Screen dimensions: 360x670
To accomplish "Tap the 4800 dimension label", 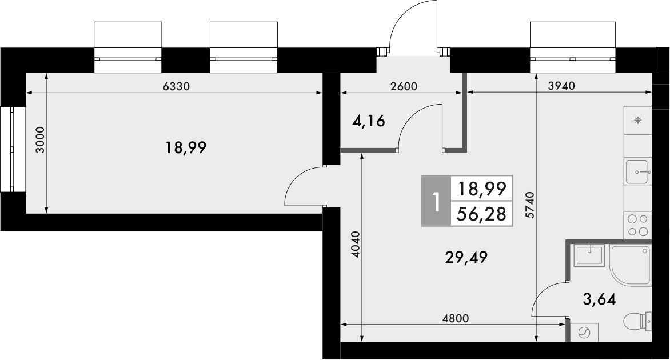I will (x=455, y=318).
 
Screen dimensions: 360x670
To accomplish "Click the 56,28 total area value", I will (x=482, y=214).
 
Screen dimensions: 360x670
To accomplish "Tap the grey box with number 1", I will (x=436, y=201).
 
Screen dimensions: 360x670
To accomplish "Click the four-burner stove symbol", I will (x=638, y=225).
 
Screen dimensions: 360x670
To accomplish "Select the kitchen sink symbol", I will (x=638, y=171).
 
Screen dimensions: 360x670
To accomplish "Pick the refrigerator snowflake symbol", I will (x=638, y=120).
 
